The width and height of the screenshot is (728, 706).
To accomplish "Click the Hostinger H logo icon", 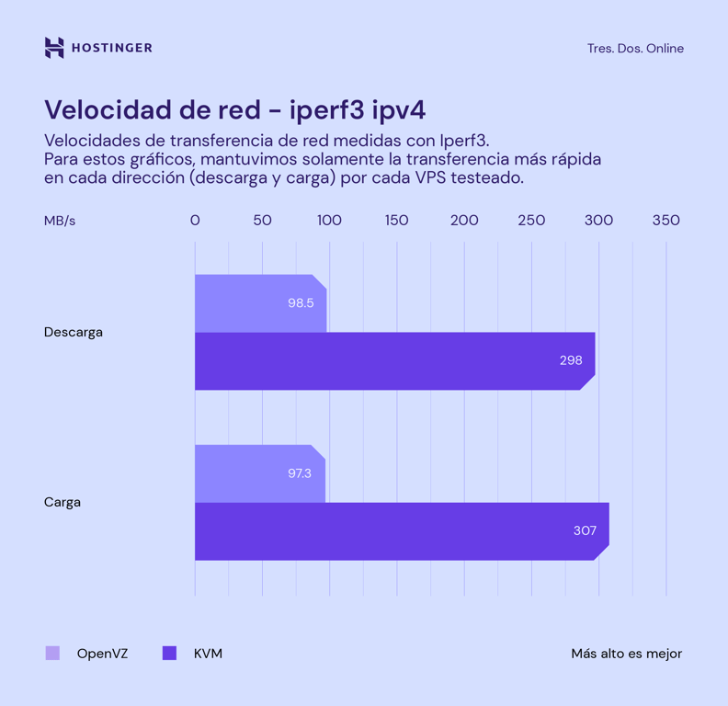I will [54, 48].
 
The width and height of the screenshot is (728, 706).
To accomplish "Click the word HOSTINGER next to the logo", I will [111, 48].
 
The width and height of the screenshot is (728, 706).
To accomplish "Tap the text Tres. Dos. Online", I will [635, 49].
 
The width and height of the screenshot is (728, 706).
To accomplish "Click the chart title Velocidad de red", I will [234, 109].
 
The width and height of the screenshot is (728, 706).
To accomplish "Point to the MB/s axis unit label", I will [60, 221].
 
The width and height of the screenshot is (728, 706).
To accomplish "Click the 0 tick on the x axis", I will [195, 221].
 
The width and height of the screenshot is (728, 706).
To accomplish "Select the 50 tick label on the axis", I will [262, 221].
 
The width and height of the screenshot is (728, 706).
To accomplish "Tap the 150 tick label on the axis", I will [396, 221].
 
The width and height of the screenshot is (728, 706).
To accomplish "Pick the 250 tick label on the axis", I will [531, 221].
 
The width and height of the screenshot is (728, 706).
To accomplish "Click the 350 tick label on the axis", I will [665, 221].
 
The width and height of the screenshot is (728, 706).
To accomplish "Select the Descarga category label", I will [74, 332].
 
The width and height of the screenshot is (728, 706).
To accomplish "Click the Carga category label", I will [63, 502].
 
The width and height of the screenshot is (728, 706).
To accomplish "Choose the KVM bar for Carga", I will [386, 530].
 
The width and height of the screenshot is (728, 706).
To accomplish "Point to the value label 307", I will [585, 530].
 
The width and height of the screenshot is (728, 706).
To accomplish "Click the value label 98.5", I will [301, 302].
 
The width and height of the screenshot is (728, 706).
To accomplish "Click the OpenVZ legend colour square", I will [52, 654].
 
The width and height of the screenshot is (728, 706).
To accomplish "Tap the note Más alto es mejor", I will [626, 654].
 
